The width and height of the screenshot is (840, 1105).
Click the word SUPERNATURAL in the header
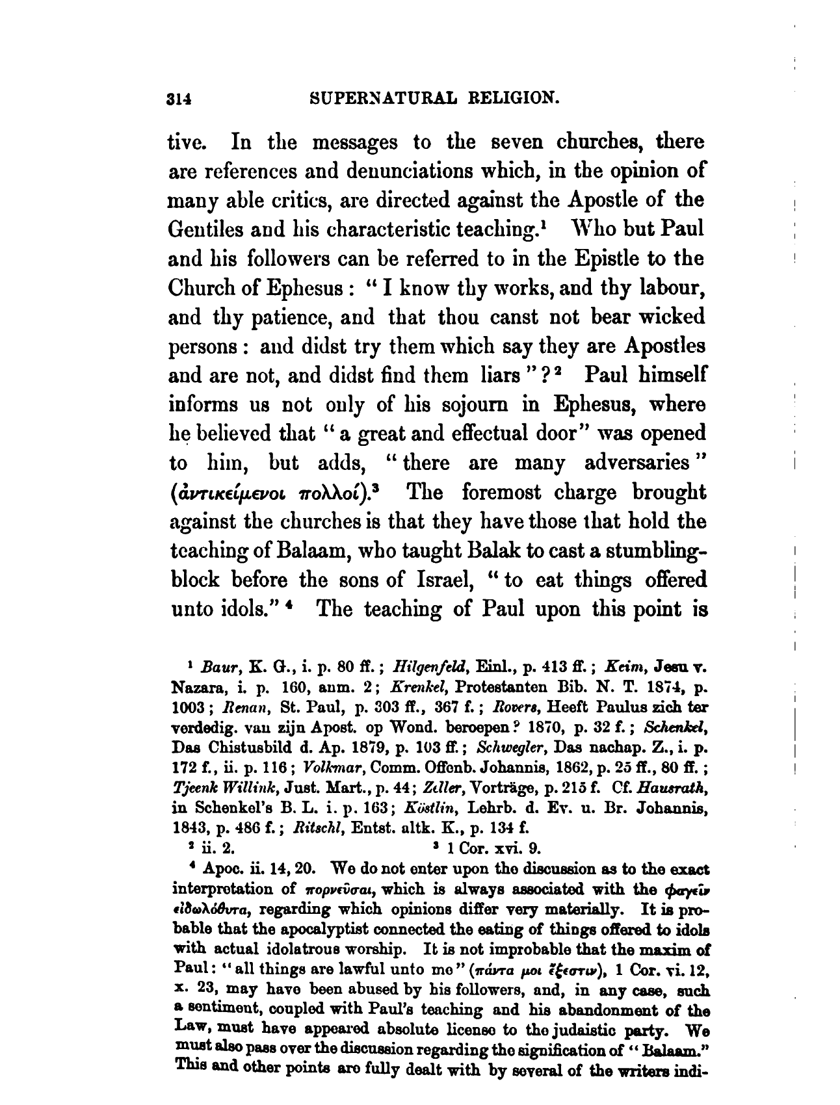pos(389,99)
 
